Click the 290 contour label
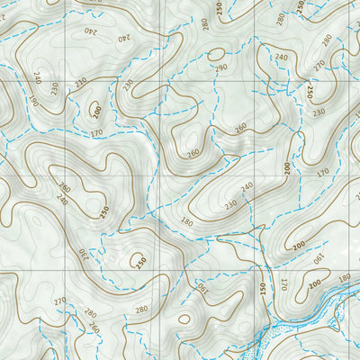220,68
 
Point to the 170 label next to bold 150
283,285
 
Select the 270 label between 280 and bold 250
319,64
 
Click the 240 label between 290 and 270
282,58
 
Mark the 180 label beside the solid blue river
343,290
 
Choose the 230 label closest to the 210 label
230,204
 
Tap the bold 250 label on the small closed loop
140,262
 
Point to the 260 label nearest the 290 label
240,127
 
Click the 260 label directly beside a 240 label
64,188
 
